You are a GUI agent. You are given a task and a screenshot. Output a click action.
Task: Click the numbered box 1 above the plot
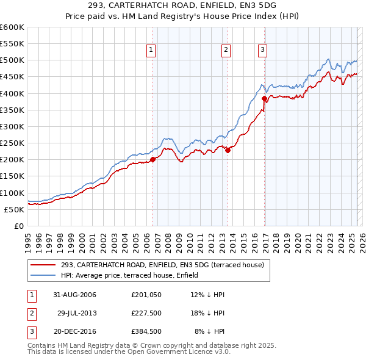(151, 51)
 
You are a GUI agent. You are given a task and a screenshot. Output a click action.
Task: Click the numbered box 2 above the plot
(226, 51)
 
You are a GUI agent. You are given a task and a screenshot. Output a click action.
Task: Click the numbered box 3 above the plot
(262, 51)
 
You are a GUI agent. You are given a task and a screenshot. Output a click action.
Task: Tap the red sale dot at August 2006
(153, 159)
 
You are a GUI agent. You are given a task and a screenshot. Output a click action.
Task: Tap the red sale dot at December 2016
(264, 98)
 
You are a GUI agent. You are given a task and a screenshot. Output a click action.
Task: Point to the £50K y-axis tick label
(13, 209)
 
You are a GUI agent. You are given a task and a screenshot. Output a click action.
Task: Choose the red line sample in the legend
(43, 265)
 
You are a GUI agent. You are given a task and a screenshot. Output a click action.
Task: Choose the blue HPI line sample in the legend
(43, 275)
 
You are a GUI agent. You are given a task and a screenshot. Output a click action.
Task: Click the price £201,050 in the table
(145, 295)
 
